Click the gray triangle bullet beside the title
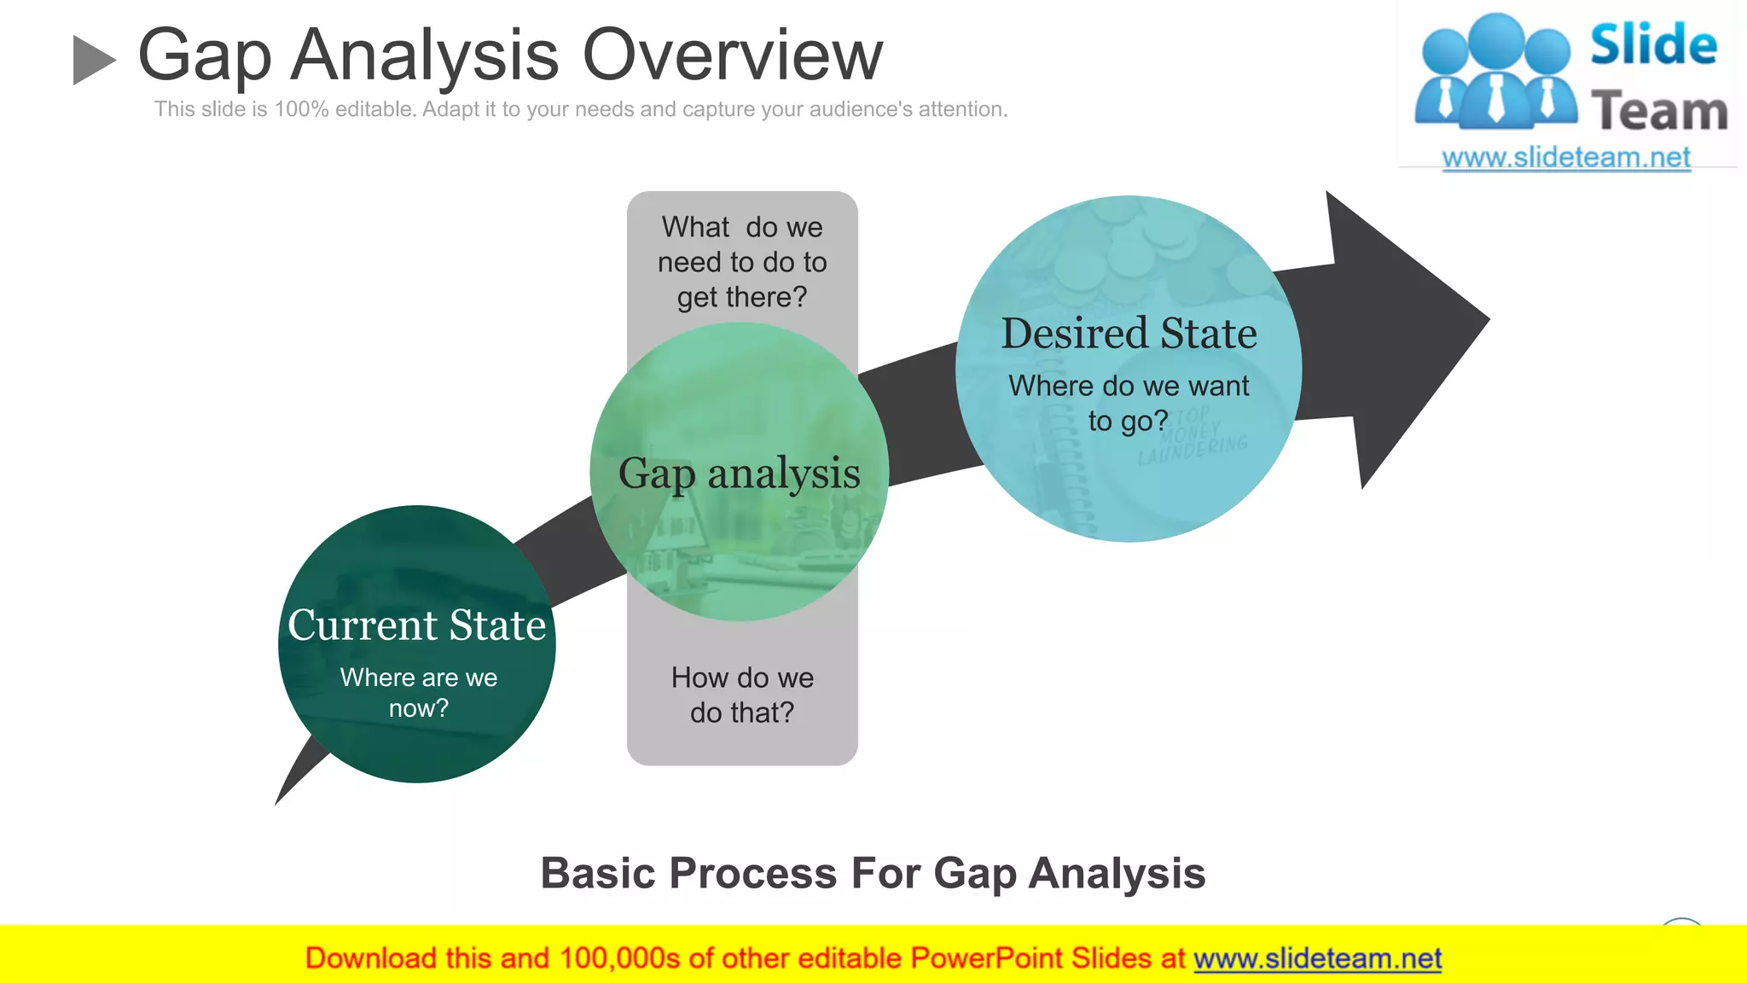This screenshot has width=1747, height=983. (x=93, y=60)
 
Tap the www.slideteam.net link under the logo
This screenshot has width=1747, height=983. (x=1565, y=158)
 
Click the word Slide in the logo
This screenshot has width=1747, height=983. (x=1653, y=44)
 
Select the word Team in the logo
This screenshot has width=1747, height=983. (x=1659, y=112)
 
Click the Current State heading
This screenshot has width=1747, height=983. (x=416, y=625)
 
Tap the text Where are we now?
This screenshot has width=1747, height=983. (x=418, y=692)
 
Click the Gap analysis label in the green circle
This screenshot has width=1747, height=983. (x=739, y=474)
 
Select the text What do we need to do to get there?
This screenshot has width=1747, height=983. (x=742, y=262)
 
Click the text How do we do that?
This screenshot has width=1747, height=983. (x=742, y=695)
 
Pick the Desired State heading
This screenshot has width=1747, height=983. (x=1129, y=333)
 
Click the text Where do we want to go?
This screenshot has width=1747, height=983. (x=1128, y=403)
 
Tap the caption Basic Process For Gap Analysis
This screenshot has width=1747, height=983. (x=873, y=873)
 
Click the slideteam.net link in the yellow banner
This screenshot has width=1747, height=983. (x=1317, y=958)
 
